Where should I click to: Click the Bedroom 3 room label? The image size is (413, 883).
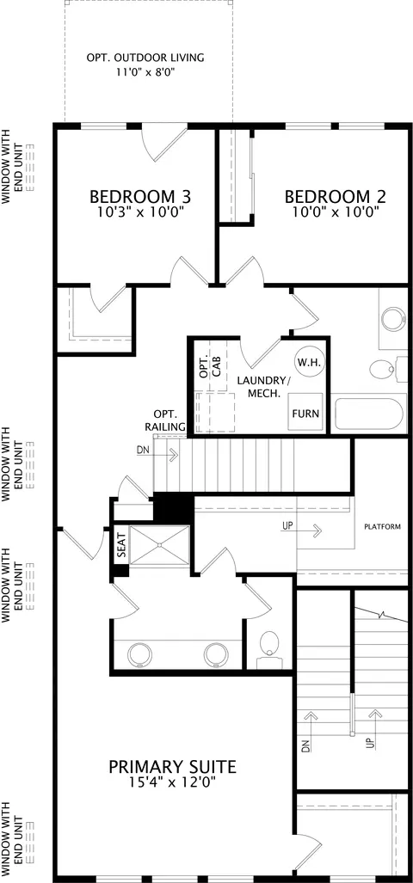[140, 197]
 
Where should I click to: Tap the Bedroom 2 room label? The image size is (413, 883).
[336, 197]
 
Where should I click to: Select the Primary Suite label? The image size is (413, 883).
[172, 766]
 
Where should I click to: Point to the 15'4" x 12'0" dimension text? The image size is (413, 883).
[172, 782]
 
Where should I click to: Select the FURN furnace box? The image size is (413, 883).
[305, 414]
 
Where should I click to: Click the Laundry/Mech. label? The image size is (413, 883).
[264, 387]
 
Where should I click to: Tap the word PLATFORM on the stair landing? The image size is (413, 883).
[383, 527]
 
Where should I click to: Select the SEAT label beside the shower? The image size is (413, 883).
[121, 545]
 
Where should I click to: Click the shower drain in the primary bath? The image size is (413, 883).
[159, 545]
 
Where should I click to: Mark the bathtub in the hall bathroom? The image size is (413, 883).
[369, 414]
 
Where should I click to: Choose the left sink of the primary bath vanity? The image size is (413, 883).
[139, 654]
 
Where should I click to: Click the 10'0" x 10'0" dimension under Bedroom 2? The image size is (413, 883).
[336, 212]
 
